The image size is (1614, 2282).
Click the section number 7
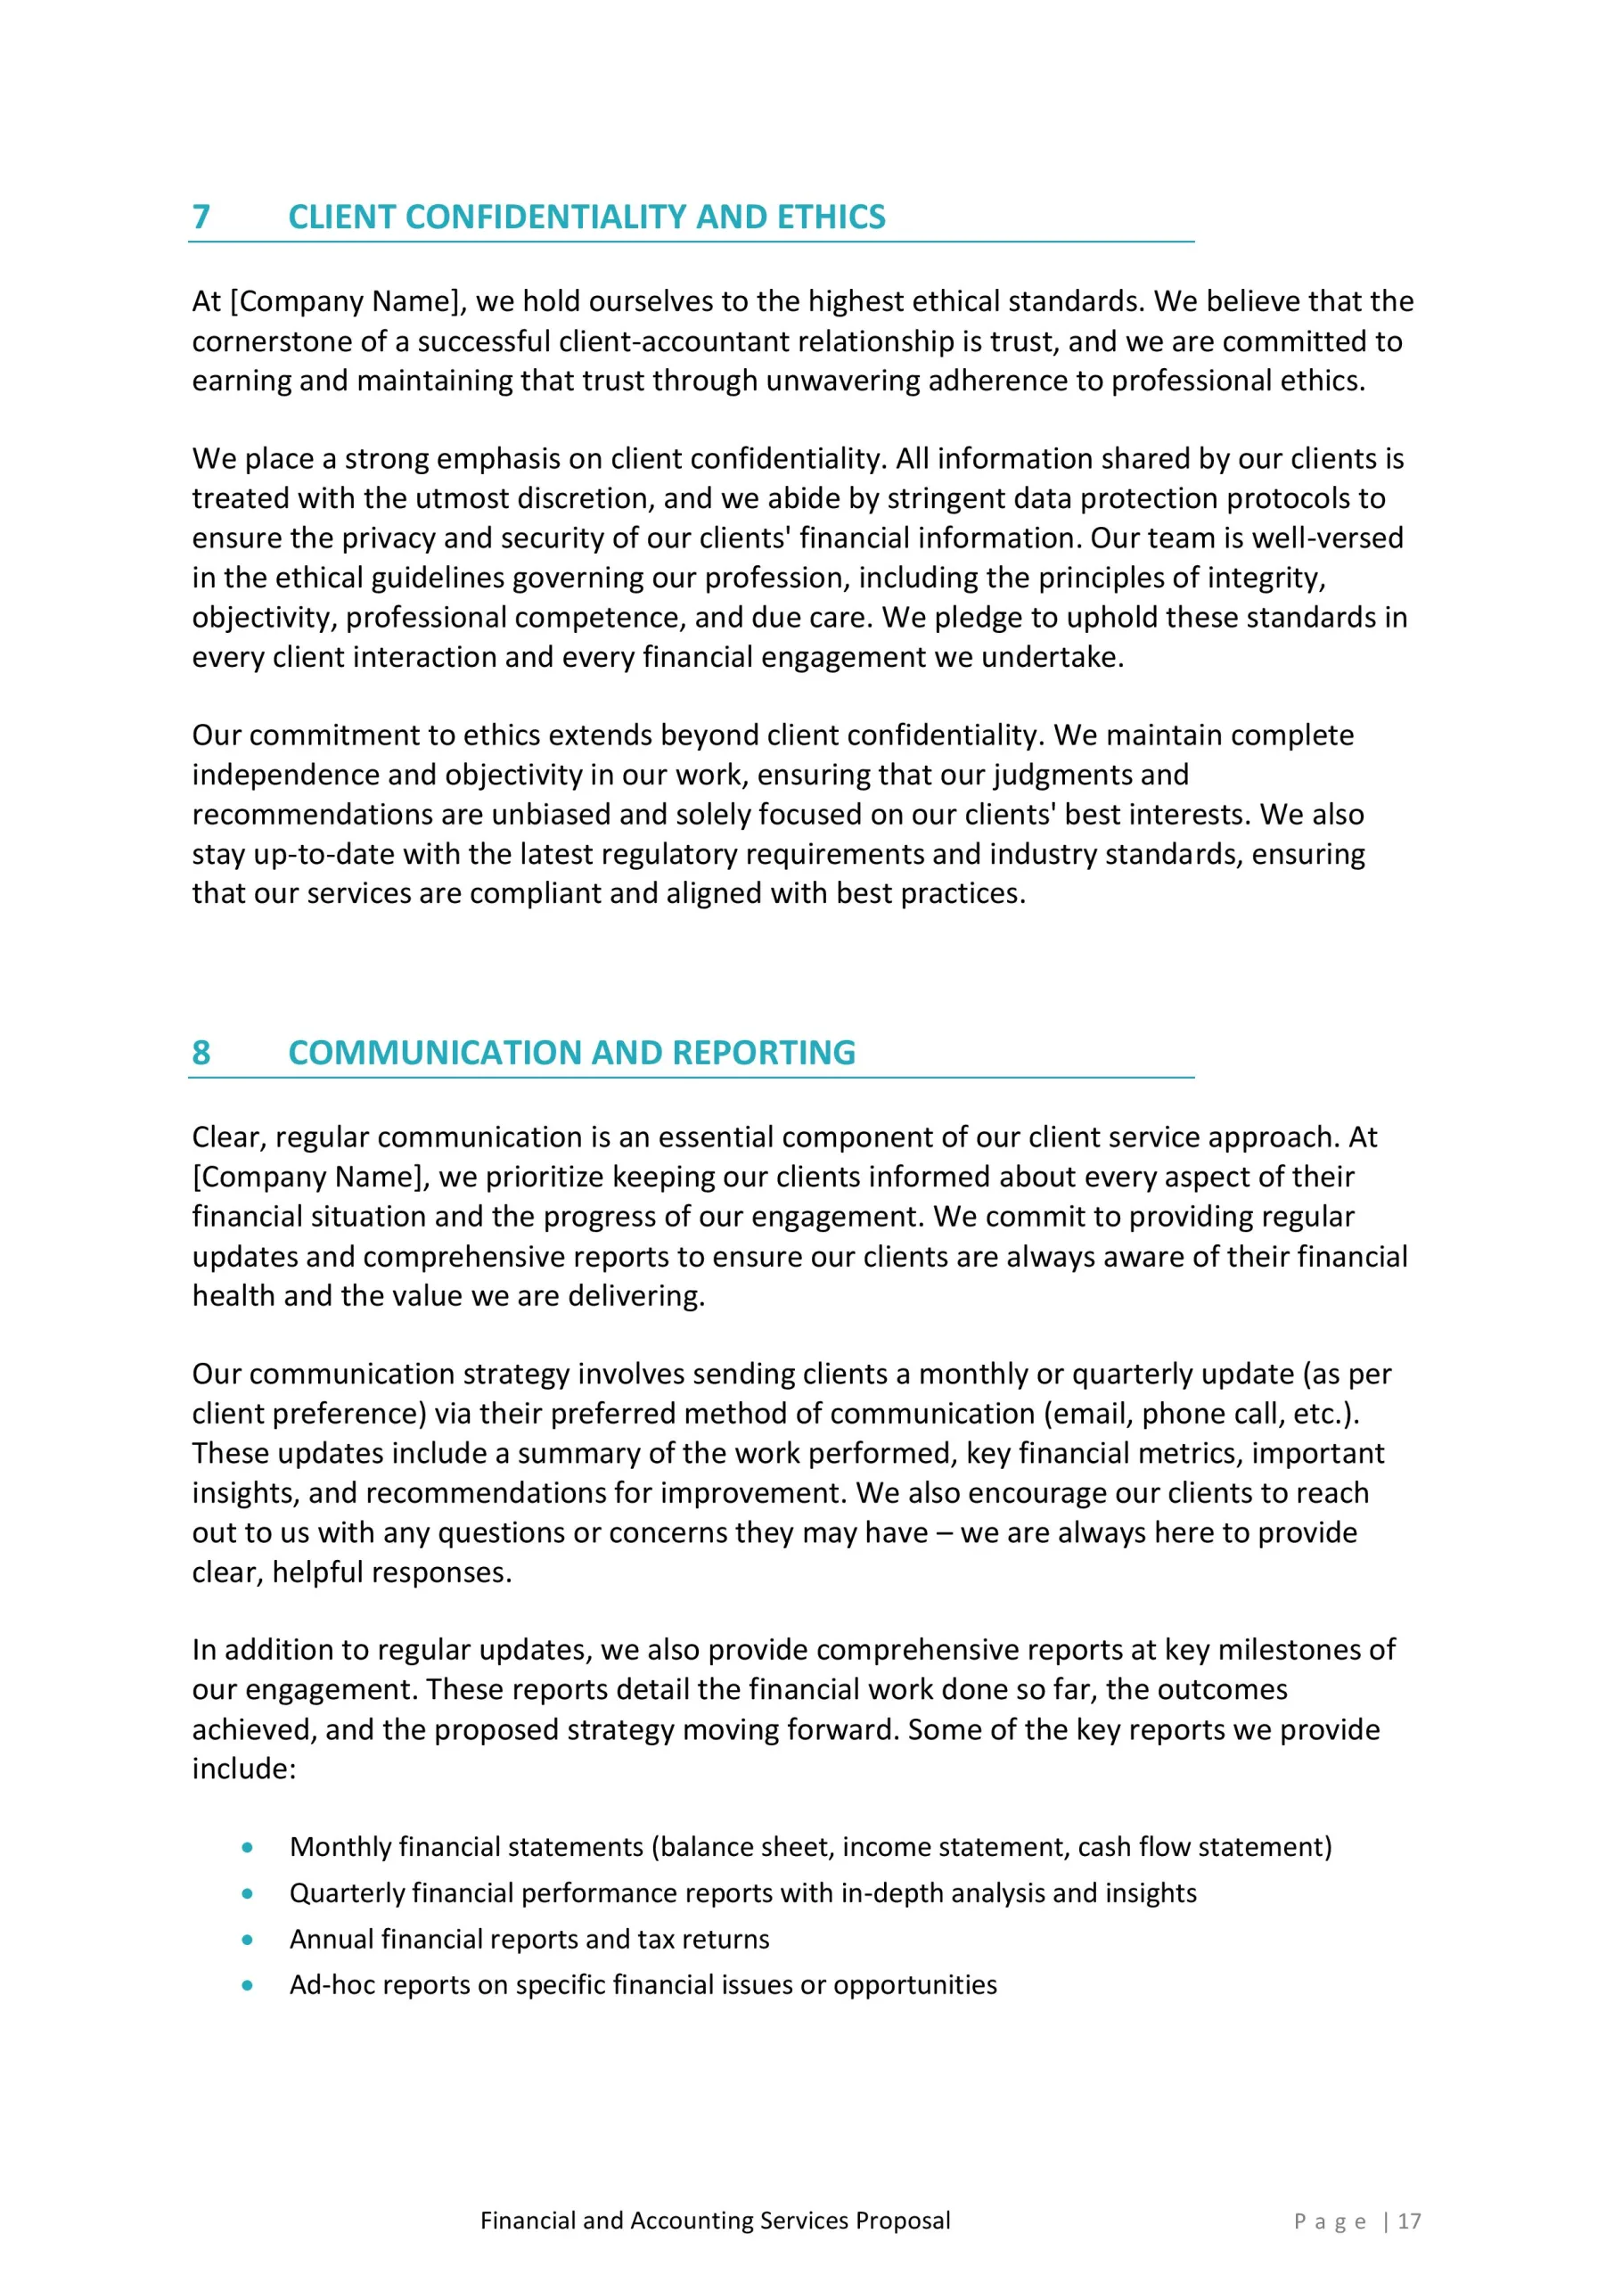201,217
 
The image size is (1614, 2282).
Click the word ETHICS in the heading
831,217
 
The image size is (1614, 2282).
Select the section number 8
201,1053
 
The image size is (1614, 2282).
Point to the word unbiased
551,815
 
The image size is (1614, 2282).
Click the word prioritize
542,1178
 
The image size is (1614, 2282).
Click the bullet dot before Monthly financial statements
248,1848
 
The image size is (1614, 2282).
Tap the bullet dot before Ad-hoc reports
248,1986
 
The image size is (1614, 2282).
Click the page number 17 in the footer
1409,2221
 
